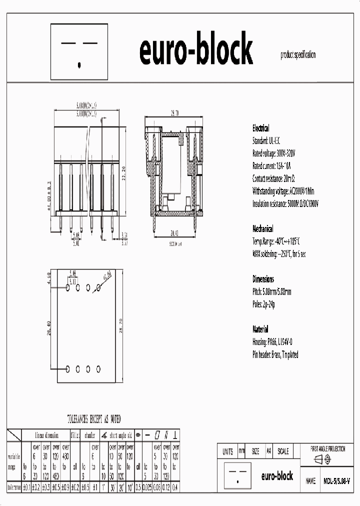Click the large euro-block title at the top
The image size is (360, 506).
195,50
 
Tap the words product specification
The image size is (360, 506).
298,55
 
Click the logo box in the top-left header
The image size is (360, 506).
80,52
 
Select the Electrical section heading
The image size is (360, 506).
260,128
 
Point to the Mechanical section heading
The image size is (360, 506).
262,228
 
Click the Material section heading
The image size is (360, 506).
260,329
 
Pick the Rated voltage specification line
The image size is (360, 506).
273,153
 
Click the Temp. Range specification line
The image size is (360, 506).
278,241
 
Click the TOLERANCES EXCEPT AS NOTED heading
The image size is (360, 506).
94,418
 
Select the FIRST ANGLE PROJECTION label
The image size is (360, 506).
328,449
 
